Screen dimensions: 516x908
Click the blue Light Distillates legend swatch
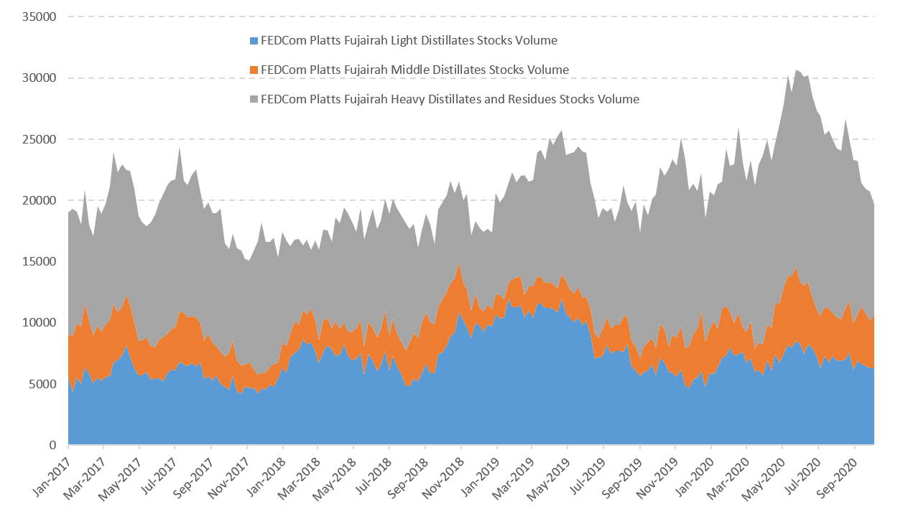point(254,41)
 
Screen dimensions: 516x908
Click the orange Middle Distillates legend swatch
point(254,70)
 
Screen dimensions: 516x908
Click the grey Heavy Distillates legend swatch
point(254,99)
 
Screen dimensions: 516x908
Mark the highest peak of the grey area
point(797,70)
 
